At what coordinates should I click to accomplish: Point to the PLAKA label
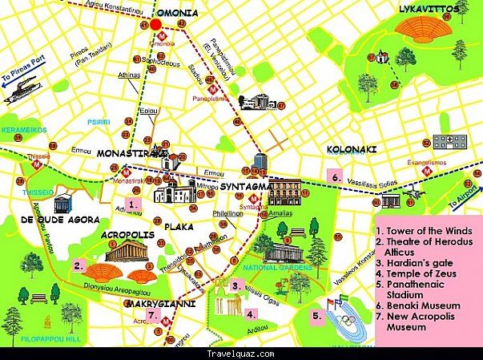coord(179,227)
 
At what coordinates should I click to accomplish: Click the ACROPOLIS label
coord(128,235)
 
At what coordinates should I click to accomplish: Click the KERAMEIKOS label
coord(23,129)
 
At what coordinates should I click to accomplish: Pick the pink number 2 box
coord(78,265)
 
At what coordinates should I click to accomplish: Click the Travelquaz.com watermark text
coord(241,353)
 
